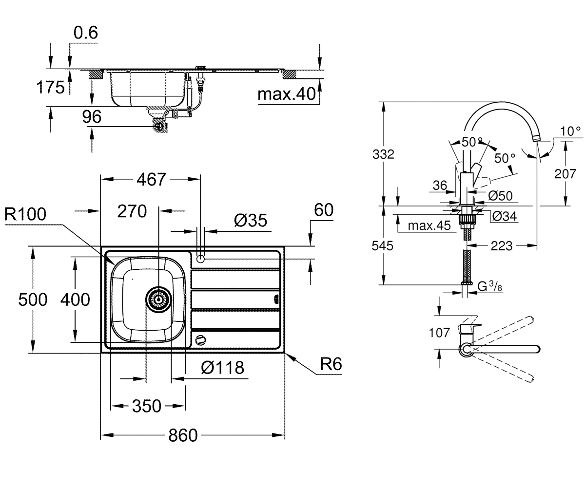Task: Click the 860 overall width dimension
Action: (x=183, y=435)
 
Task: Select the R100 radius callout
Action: (x=25, y=214)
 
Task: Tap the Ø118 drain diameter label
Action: (x=223, y=368)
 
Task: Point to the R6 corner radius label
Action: (x=331, y=364)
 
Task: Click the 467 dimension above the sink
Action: (x=151, y=179)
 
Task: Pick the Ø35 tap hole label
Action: (x=251, y=220)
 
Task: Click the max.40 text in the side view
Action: (x=287, y=94)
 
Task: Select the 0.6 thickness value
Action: (x=86, y=33)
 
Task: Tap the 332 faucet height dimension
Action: (x=383, y=154)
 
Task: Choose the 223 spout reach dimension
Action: (x=502, y=246)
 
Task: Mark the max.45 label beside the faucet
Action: (x=429, y=225)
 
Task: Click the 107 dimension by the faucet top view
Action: (x=439, y=333)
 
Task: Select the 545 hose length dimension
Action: (x=382, y=246)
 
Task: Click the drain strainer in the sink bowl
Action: (x=158, y=300)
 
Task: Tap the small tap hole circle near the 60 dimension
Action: (x=200, y=259)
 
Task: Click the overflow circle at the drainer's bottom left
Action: (x=200, y=340)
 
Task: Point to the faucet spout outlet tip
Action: (x=536, y=139)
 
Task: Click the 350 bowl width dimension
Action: (x=147, y=406)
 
